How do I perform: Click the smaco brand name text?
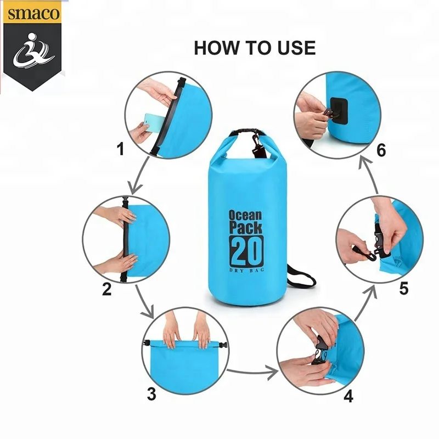click(33, 13)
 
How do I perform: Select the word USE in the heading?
click(296, 48)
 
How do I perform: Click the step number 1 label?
click(121, 149)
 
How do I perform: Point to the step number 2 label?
click(106, 289)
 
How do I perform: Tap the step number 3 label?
click(151, 394)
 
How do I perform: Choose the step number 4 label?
click(348, 396)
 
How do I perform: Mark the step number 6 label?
click(381, 150)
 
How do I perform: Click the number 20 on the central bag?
click(246, 251)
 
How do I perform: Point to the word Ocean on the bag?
click(245, 215)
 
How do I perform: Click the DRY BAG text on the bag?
click(246, 270)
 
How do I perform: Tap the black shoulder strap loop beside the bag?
click(300, 278)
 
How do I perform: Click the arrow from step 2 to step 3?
click(145, 302)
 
